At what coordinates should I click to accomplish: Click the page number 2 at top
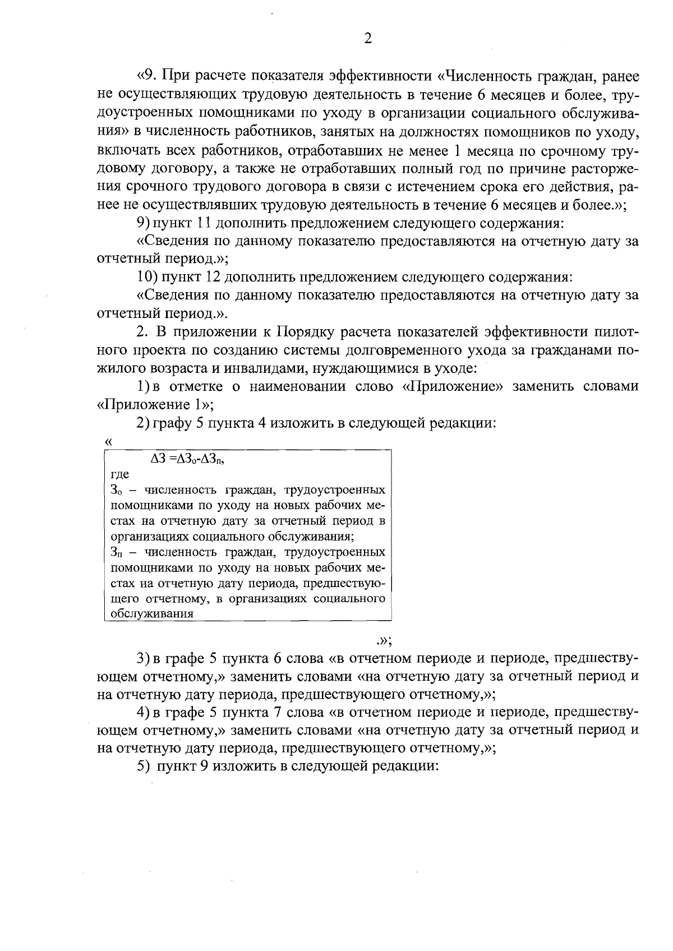coord(368,38)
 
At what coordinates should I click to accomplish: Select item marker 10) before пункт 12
coord(147,277)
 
